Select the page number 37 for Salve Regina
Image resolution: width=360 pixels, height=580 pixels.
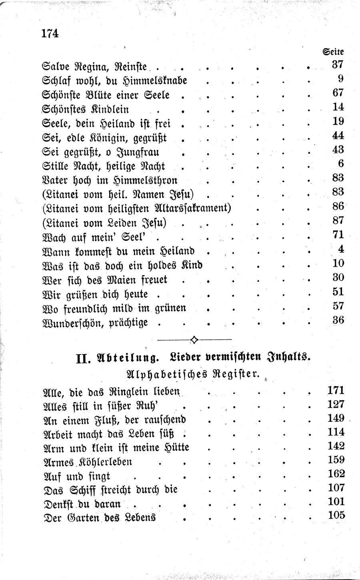[338, 64]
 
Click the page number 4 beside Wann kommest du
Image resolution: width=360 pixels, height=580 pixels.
[341, 249]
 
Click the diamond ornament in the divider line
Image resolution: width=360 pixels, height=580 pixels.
[194, 339]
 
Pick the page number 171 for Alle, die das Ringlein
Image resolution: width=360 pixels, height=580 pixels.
[336, 390]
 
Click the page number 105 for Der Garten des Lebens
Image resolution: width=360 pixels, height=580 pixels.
[336, 515]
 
